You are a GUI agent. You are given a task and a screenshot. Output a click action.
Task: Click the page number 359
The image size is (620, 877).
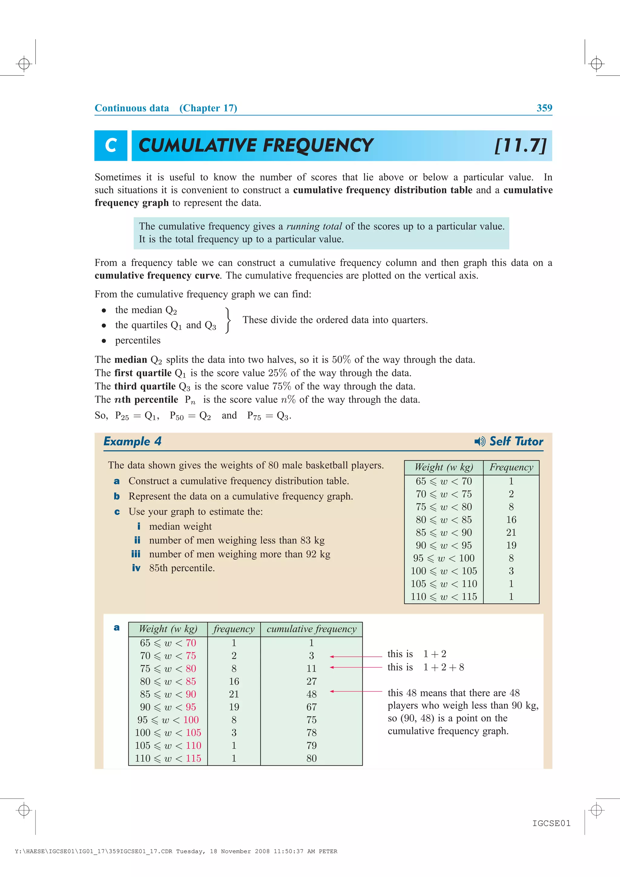point(544,108)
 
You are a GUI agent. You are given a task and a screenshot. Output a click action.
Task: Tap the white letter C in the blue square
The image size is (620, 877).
point(111,146)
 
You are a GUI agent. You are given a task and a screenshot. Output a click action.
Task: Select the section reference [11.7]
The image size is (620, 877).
point(520,146)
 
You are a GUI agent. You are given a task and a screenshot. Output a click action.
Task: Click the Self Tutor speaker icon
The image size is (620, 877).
point(480,442)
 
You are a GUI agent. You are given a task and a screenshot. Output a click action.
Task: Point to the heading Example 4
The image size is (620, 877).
point(133,442)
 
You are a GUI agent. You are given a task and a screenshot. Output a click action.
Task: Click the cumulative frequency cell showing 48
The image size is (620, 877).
point(311,694)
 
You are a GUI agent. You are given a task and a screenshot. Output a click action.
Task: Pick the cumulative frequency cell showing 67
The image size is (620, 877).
point(311,707)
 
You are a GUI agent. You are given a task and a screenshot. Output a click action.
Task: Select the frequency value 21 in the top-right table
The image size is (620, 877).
point(511,533)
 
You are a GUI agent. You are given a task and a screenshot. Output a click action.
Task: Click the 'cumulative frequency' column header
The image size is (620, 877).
point(311,629)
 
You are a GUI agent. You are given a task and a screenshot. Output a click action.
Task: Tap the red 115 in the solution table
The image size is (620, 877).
point(193,758)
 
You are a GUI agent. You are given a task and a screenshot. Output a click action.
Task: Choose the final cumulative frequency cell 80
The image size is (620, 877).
point(311,758)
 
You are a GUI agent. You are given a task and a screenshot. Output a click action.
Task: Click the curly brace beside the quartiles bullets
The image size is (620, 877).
point(228,320)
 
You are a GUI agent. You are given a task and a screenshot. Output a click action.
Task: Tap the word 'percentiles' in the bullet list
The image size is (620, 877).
point(138,340)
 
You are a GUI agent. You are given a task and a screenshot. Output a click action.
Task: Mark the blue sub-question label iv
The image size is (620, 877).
point(136,568)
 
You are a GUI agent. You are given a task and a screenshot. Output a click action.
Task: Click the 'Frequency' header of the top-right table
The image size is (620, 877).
point(511,468)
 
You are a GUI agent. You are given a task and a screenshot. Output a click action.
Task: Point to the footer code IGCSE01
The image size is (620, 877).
point(551,823)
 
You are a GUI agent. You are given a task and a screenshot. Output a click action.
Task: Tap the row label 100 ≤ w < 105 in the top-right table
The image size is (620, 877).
point(444,571)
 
